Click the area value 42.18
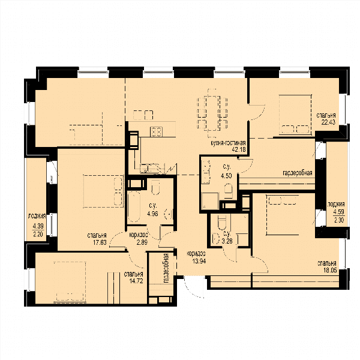point(239,149)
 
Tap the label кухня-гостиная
point(228,143)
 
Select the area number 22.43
point(328,122)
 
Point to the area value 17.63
point(100,242)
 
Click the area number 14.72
point(136,281)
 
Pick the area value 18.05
point(330,270)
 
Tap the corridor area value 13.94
point(199,261)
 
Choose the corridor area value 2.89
point(142,242)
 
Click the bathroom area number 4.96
point(152,214)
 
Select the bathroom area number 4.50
point(226,176)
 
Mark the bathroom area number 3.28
point(227,241)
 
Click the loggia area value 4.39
point(38,226)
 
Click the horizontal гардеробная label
point(298,173)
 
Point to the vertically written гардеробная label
point(166,268)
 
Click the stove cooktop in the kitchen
point(156,132)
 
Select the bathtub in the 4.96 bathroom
point(134,207)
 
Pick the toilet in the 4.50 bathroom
point(228,191)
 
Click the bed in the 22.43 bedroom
point(295,115)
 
